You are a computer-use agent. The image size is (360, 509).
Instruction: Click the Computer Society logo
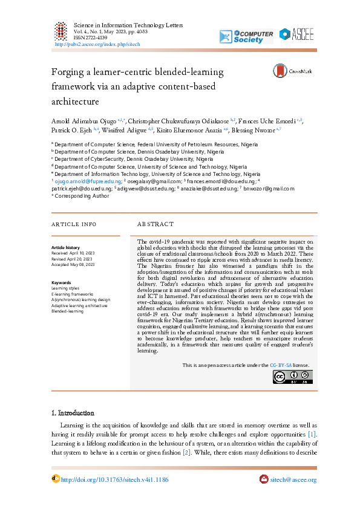coord(253,36)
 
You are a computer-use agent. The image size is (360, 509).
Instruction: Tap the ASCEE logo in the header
coord(301,34)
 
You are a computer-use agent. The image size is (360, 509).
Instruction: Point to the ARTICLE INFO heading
coord(74,224)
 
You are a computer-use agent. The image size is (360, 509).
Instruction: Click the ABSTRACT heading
coord(156,224)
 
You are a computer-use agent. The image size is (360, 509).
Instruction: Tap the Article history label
coord(65,248)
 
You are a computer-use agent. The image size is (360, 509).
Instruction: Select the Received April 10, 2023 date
coord(73,253)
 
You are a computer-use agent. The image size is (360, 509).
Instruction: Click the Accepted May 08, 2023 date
coord(73,264)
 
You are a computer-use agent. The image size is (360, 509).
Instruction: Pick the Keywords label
coord(62,283)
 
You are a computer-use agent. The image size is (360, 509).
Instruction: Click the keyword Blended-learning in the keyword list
coord(68,311)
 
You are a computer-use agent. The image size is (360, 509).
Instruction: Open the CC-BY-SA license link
coord(281,366)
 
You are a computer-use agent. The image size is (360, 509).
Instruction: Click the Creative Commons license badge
coord(292,377)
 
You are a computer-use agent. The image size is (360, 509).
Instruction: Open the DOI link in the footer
coord(114,480)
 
